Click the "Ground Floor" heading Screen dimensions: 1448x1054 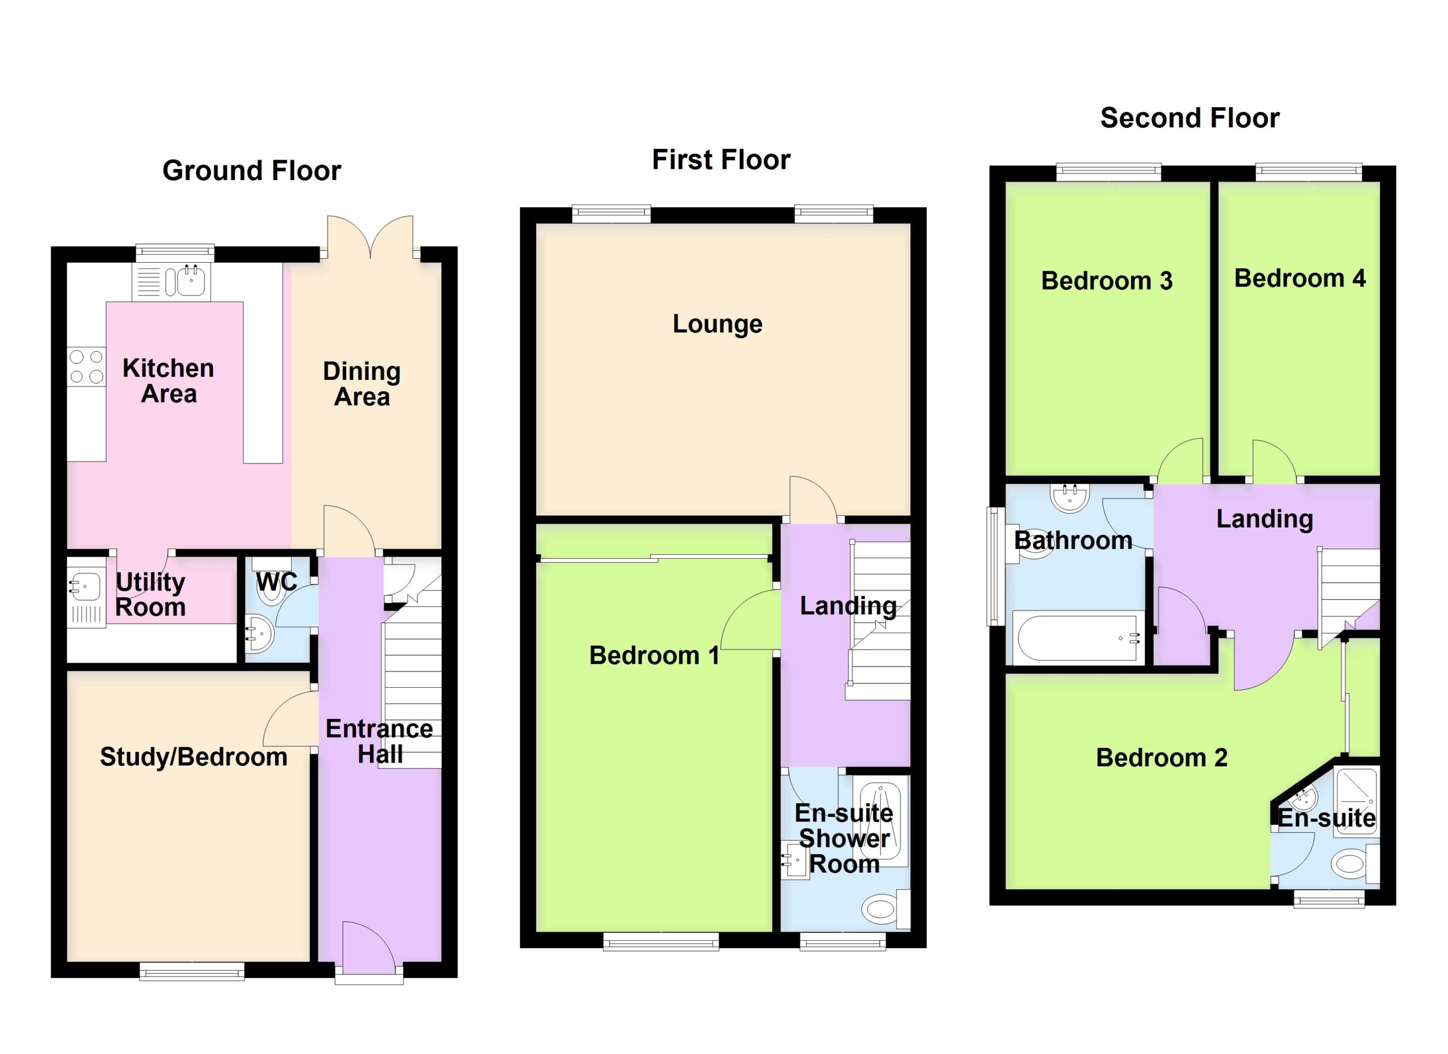click(x=252, y=171)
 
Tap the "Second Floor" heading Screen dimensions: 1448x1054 click(x=1190, y=118)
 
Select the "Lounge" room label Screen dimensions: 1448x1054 click(x=717, y=324)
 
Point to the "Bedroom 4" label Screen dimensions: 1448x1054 click(x=1299, y=279)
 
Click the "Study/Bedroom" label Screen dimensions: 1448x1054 click(x=193, y=757)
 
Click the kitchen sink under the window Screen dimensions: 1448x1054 click(x=171, y=281)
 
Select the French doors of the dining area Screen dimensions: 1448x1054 click(x=370, y=237)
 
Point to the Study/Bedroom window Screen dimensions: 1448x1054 click(x=192, y=971)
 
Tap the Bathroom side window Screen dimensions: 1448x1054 click(x=996, y=567)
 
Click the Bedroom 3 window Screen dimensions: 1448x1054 click(x=1109, y=173)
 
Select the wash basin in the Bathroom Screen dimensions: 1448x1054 click(x=1070, y=498)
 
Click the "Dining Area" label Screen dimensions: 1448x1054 click(x=362, y=384)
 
